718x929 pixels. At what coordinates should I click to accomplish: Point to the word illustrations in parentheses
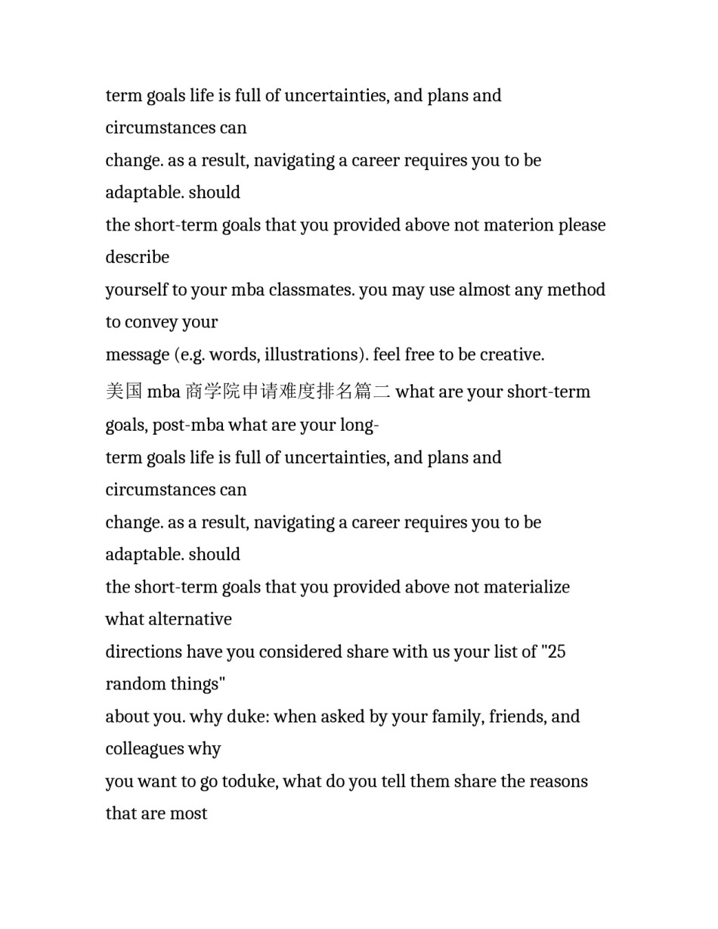tap(313, 355)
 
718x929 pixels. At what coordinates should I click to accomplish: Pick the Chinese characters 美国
tap(124, 392)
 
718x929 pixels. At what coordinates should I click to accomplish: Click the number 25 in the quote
tap(556, 652)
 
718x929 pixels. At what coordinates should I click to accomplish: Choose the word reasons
tap(559, 782)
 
